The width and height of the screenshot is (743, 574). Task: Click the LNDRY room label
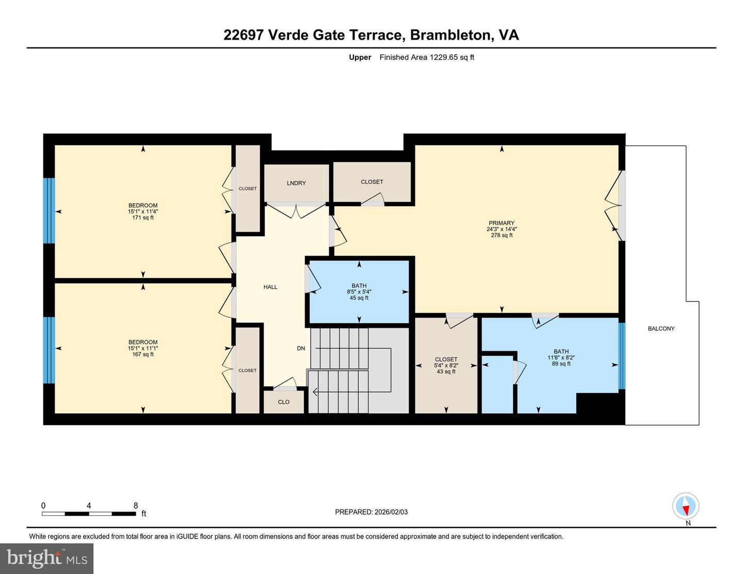[296, 183]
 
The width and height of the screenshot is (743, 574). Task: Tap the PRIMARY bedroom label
[501, 223]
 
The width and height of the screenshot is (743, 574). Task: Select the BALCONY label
[661, 329]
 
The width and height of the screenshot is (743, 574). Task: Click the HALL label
[270, 287]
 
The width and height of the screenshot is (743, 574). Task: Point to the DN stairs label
[301, 349]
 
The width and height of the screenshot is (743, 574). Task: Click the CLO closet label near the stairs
[284, 402]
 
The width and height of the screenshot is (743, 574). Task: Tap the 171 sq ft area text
[143, 218]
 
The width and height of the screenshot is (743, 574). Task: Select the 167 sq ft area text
[143, 354]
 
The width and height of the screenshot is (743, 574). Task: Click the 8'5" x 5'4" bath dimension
[359, 292]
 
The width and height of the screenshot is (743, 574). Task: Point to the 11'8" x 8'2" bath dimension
[561, 357]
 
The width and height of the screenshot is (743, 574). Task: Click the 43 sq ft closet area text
[446, 371]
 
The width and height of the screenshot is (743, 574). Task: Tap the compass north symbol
[686, 506]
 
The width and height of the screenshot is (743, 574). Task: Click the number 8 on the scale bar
[136, 506]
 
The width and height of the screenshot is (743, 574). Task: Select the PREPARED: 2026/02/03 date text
[371, 512]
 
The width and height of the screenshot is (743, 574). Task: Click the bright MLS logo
[47, 559]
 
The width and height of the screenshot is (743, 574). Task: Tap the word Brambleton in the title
[450, 35]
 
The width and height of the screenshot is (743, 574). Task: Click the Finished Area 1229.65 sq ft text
[427, 57]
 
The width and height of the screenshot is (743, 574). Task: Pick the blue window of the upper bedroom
[49, 210]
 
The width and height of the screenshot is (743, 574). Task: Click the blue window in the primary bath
[622, 356]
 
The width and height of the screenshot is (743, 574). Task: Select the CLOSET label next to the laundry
[372, 182]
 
